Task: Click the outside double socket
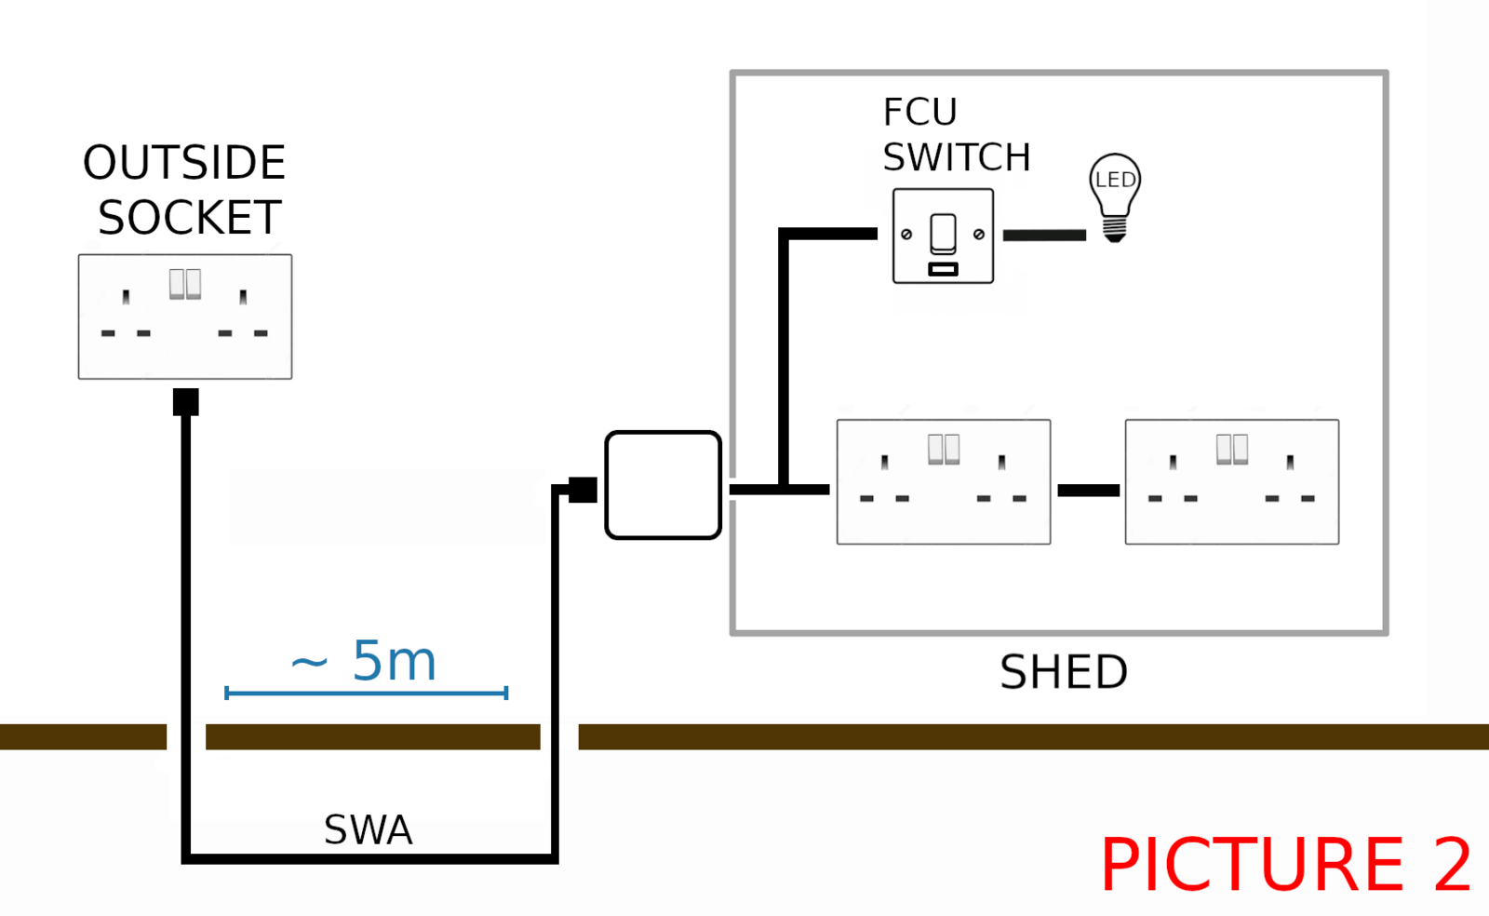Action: (x=185, y=317)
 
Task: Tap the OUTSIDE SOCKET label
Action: (x=185, y=190)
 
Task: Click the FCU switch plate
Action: (x=943, y=236)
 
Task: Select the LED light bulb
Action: (x=1114, y=196)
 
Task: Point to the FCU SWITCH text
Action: (x=956, y=135)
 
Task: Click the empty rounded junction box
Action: (x=663, y=485)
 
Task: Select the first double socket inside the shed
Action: (x=944, y=481)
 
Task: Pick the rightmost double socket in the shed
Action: (x=1231, y=481)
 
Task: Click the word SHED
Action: (x=1063, y=672)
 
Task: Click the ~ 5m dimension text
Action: (x=364, y=661)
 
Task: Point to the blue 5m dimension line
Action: (x=366, y=693)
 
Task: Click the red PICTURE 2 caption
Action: (x=1285, y=865)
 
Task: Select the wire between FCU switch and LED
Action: (x=1044, y=236)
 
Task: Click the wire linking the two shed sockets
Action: (x=1088, y=491)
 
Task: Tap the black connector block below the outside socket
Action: (x=186, y=402)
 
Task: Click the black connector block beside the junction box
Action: (x=583, y=490)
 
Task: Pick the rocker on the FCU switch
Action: (x=943, y=233)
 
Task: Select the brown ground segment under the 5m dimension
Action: (x=372, y=737)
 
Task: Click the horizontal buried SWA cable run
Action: (x=369, y=858)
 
